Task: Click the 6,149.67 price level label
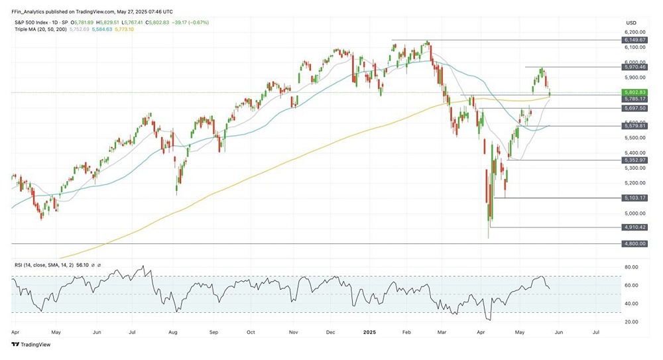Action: (x=634, y=40)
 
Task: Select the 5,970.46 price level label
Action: (x=634, y=67)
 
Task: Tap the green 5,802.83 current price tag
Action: (x=634, y=91)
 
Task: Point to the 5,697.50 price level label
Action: (x=634, y=108)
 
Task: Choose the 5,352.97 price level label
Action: (x=634, y=160)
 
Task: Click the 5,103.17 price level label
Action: (x=634, y=198)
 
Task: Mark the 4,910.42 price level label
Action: (x=634, y=227)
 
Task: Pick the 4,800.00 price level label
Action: (x=634, y=243)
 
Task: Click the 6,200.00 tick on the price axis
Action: (x=634, y=32)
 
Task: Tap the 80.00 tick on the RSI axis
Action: (x=631, y=267)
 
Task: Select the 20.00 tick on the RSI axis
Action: (x=631, y=322)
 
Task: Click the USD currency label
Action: (x=631, y=23)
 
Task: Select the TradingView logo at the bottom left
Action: (x=31, y=345)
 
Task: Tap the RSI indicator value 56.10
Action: (x=84, y=265)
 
